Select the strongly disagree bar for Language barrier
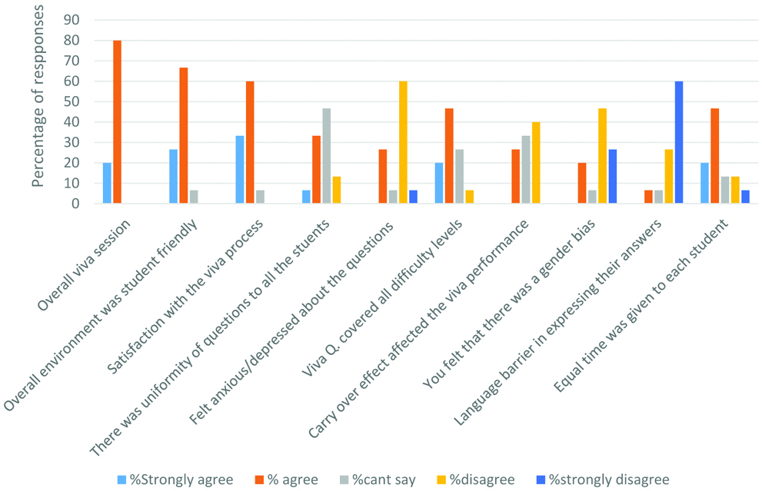click(679, 142)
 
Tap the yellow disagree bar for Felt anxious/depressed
click(403, 142)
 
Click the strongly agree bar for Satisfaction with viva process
click(241, 169)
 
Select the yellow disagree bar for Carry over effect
click(536, 162)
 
